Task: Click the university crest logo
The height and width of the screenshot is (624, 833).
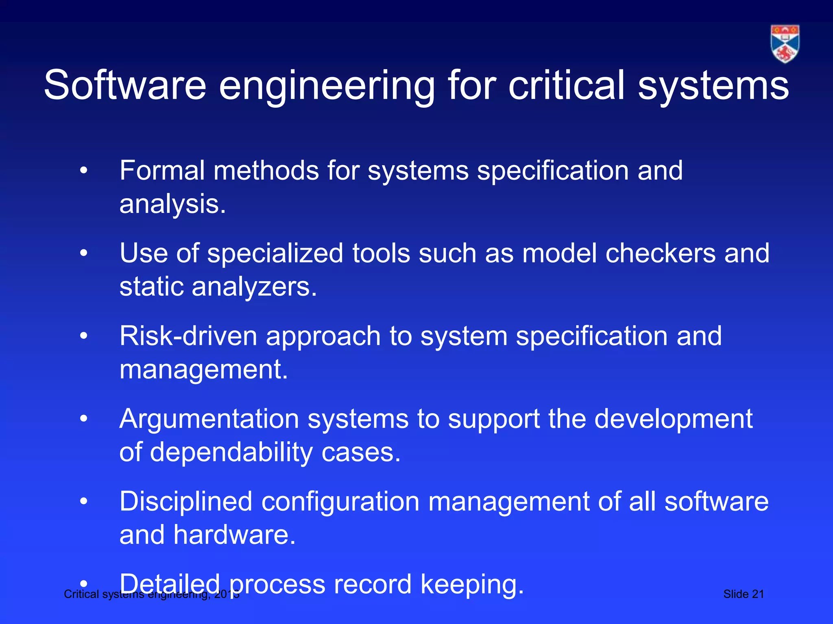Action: tap(785, 43)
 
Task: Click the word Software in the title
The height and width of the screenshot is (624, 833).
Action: tap(125, 85)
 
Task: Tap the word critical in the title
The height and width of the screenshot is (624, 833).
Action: tap(566, 85)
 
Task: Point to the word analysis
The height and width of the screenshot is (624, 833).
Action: tap(172, 204)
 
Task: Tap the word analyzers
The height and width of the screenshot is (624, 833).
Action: tap(254, 287)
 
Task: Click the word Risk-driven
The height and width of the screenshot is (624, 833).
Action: tap(188, 336)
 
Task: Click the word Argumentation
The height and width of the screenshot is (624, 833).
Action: tap(209, 419)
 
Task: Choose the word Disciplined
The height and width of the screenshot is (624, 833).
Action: tap(186, 502)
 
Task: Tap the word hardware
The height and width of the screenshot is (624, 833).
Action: tap(234, 535)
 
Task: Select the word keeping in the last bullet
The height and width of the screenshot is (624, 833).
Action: tap(472, 585)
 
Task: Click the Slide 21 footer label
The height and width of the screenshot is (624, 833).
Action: tap(744, 594)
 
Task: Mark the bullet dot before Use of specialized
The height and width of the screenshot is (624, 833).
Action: tap(84, 253)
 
